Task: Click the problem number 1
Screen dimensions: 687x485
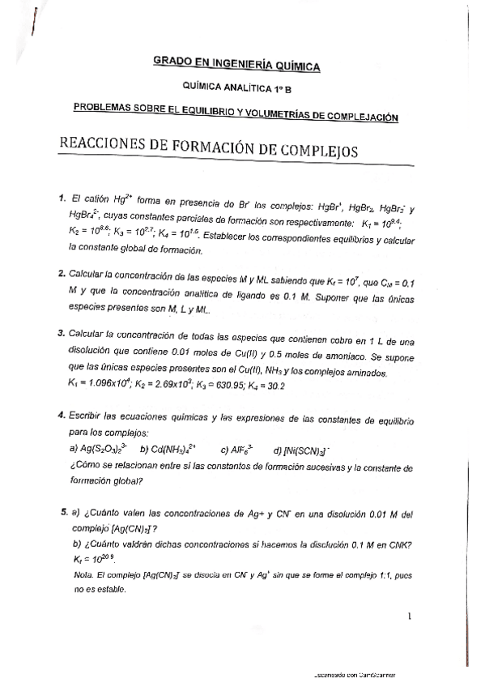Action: pos(62,197)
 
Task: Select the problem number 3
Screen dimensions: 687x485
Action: pos(62,332)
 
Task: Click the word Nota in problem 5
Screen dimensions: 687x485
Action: pos(83,574)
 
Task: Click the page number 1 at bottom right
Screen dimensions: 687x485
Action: pos(411,617)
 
